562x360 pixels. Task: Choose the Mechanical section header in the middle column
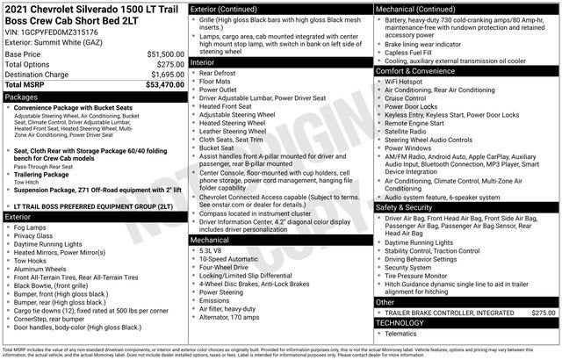click(x=211, y=238)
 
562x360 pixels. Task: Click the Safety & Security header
click(x=403, y=206)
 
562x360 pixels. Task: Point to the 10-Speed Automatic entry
click(x=231, y=260)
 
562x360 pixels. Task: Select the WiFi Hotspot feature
click(x=405, y=82)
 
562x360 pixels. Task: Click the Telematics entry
click(x=404, y=334)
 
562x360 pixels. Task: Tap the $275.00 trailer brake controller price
click(x=544, y=312)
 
